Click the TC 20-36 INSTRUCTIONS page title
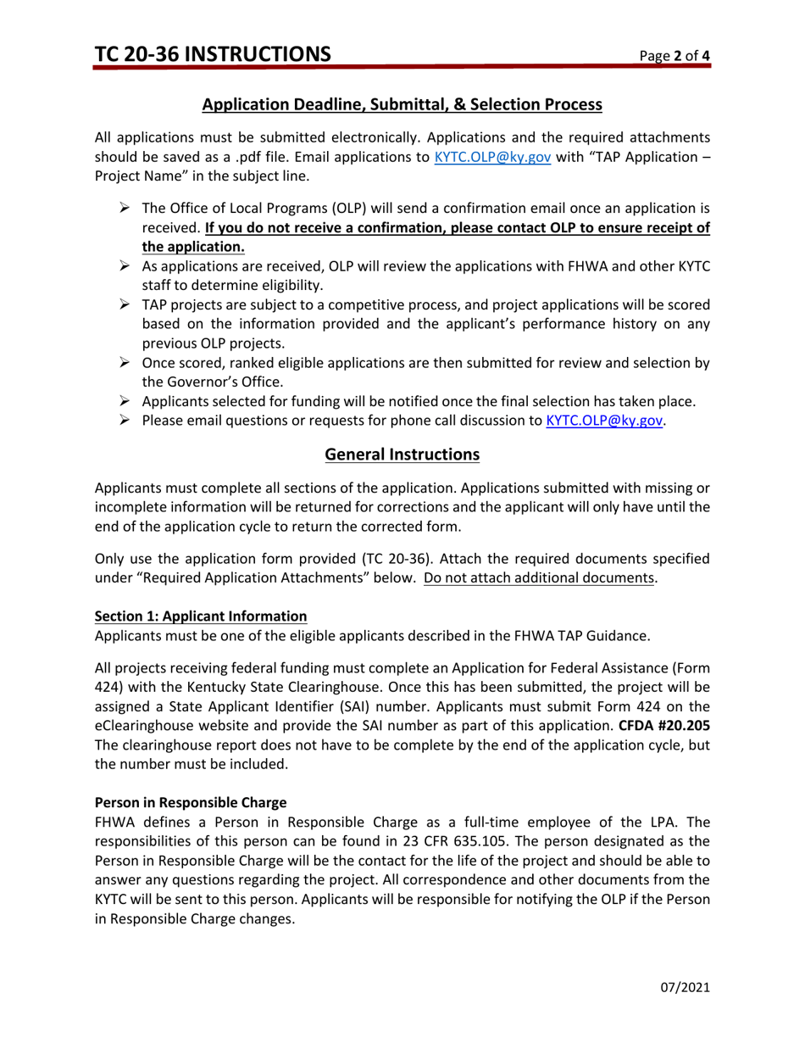(x=213, y=55)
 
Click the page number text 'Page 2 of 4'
(x=675, y=57)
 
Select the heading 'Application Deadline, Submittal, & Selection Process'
(x=402, y=105)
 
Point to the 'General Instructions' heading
(x=402, y=455)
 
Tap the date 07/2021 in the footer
(x=685, y=988)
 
